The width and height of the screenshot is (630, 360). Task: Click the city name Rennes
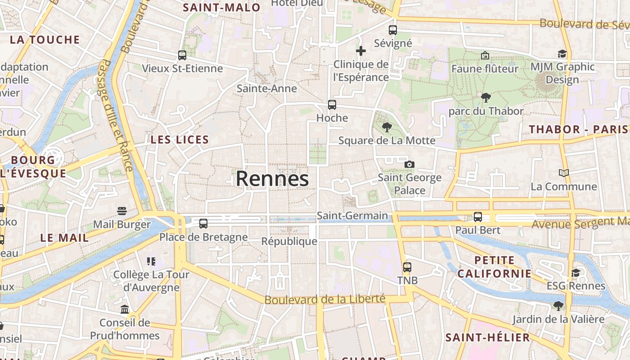pos(272,179)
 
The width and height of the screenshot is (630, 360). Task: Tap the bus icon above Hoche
pos(332,105)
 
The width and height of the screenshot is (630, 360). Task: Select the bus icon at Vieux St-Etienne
pos(182,55)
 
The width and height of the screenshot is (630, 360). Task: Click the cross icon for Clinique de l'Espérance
pos(361,51)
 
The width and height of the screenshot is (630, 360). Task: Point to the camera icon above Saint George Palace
pos(409,164)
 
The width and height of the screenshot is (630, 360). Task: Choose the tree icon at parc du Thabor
pos(486,98)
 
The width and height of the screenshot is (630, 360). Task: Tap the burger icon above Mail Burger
pos(121,211)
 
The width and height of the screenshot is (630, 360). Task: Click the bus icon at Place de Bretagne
pos(203,224)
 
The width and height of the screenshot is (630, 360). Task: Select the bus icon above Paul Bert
pos(478,217)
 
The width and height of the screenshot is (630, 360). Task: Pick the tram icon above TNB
pos(407,267)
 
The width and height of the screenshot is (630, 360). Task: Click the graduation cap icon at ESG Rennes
pos(576,273)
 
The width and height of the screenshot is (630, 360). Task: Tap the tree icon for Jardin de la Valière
pos(558,306)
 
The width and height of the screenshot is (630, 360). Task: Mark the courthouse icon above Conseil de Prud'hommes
pos(125,309)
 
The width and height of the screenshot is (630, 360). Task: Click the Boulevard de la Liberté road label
pos(325,299)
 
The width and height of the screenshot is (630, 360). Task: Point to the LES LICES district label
pos(180,139)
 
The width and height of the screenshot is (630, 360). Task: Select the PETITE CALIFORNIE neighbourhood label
pos(495,267)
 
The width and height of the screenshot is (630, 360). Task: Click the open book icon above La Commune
pos(563,173)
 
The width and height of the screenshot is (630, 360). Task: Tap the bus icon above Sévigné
pos(393,30)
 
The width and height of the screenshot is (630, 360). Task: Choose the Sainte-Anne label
pos(267,88)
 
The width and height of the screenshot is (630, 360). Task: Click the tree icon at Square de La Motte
pos(387,127)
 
